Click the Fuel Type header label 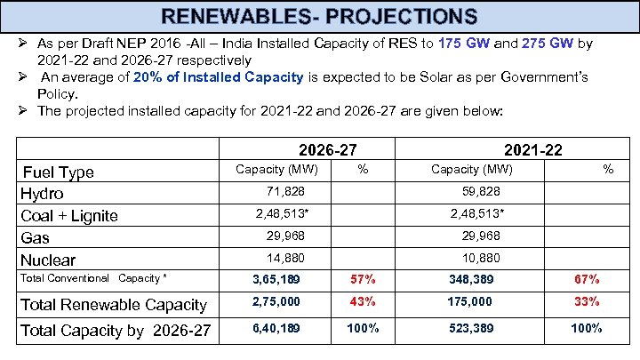[x=58, y=172]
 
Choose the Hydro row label [x=42, y=193]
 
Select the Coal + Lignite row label [x=69, y=215]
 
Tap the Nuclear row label [x=48, y=260]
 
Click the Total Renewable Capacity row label [x=113, y=305]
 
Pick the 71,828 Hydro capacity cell [x=284, y=192]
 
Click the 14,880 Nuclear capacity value [x=285, y=258]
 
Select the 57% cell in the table [x=362, y=280]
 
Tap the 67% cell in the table [x=587, y=280]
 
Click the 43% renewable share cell [x=362, y=303]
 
